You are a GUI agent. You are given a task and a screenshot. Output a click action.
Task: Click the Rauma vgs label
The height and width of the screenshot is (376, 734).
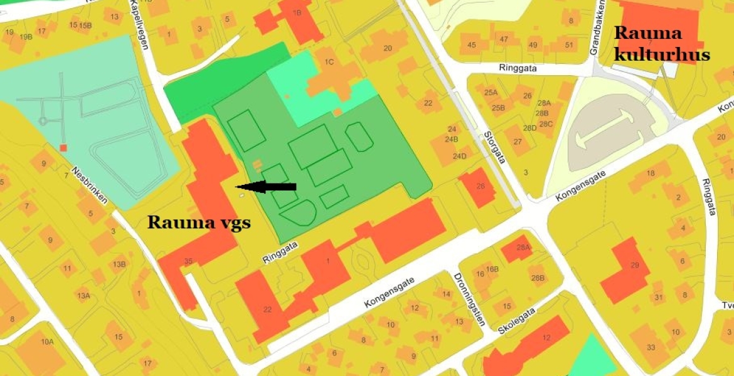coord(199,222)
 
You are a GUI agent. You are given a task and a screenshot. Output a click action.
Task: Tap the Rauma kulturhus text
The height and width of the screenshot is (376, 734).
coord(661,44)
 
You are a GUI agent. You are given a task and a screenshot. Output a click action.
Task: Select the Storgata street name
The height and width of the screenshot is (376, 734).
coord(495,148)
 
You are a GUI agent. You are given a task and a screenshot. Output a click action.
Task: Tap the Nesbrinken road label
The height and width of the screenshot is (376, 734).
coord(90,186)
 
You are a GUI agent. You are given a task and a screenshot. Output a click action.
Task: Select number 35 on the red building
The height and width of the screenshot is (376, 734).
coord(188,261)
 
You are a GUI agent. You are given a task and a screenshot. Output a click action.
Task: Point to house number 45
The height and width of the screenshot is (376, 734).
coord(472,44)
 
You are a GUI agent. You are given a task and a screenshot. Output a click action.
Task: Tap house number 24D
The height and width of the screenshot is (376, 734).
coord(459,156)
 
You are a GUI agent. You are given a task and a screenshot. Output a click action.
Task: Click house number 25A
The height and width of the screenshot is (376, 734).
coord(491,93)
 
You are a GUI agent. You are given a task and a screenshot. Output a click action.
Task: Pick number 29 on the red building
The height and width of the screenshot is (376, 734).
coord(636,266)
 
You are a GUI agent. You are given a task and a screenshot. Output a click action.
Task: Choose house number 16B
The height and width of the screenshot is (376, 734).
coord(492,269)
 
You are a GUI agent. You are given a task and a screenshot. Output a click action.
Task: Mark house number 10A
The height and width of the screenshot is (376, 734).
coord(48,342)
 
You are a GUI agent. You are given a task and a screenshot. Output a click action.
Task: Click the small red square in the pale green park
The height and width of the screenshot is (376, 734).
coord(63,148)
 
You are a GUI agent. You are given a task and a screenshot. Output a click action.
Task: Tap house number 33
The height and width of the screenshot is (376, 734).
coord(651,348)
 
